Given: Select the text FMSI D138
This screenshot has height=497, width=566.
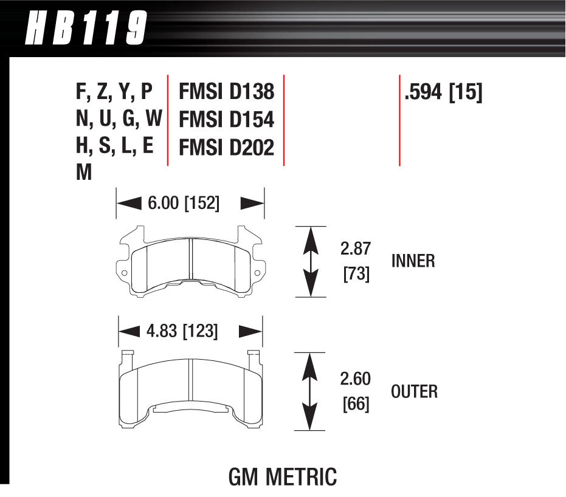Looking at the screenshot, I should tap(226, 92).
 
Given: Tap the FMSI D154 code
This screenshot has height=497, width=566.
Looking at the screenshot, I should tap(226, 120).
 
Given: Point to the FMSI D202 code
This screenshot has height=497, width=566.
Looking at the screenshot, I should tap(226, 148).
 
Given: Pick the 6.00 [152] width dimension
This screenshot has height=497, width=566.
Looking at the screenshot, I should tap(183, 203).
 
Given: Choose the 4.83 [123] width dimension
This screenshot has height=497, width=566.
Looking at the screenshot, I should tap(182, 331).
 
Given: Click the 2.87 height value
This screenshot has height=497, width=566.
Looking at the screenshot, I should tap(356, 249).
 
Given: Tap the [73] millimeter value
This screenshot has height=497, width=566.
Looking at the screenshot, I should tap(356, 273).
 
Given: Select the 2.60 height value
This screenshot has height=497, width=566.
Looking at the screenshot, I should tap(356, 379).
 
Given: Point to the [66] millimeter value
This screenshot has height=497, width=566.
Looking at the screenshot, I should tap(356, 403).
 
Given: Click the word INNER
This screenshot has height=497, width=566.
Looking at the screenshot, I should tap(413, 261).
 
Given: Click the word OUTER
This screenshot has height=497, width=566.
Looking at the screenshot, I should tap(414, 391).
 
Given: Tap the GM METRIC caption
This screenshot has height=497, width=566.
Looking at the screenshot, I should tap(282, 477).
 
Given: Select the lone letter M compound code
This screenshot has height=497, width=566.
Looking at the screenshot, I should tap(84, 174).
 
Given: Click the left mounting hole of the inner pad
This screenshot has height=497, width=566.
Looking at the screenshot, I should tap(125, 273).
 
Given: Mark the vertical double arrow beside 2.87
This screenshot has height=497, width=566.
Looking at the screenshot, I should tap(311, 261).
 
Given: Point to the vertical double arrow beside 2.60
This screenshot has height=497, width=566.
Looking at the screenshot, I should tap(310, 391).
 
